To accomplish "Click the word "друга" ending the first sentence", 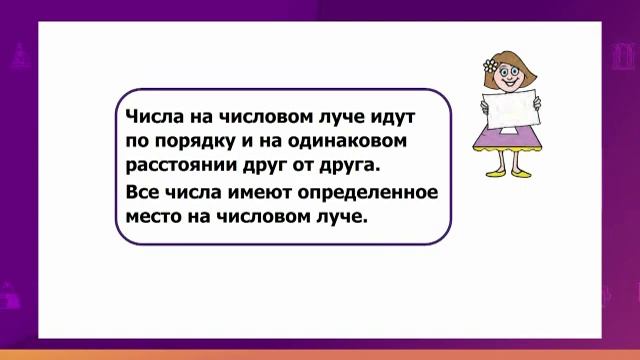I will pos(354,163).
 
